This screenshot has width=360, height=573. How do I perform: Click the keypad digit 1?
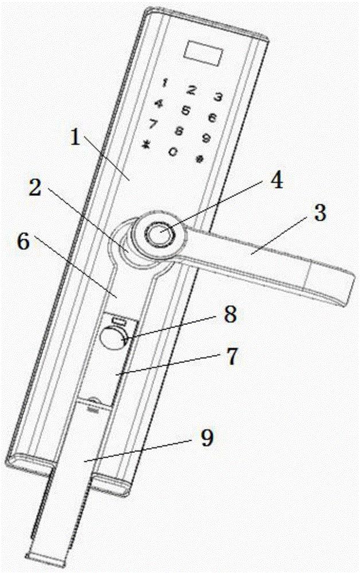coord(165,83)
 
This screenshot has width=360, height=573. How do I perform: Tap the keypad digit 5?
coord(186,109)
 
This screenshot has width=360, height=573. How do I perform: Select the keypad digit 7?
coord(154,123)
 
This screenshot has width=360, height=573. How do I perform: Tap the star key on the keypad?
coord(146,144)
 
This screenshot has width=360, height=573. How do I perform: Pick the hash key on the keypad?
coord(199,159)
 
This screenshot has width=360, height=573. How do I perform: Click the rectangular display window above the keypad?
coord(203,52)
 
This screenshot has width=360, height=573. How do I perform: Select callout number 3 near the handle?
coord(320,213)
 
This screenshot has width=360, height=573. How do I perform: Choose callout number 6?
coord(24,242)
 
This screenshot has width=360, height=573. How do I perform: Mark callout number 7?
coord(232,356)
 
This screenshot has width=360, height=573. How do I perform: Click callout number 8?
coord(230,313)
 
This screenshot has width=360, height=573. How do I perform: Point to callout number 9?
coord(207,437)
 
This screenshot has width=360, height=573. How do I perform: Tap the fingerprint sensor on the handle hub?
coord(159,234)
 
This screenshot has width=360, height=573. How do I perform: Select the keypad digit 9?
coord(206,138)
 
